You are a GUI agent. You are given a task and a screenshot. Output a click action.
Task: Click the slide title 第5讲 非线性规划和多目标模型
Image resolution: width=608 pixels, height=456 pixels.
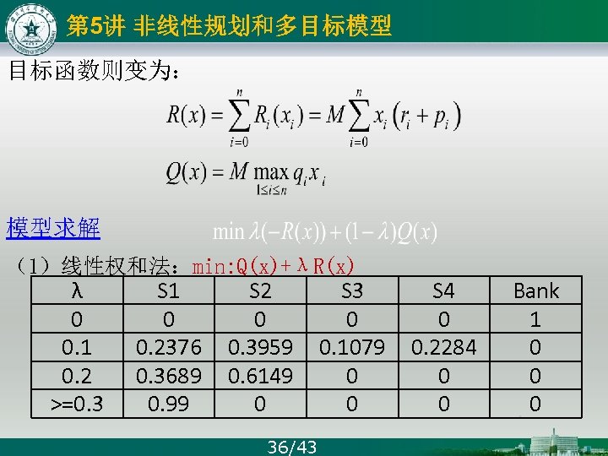(229, 27)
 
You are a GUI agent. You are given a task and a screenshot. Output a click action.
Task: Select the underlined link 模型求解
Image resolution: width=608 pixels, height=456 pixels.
(53, 228)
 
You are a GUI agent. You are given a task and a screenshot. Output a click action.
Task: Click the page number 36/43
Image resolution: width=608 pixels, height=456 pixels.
(291, 447)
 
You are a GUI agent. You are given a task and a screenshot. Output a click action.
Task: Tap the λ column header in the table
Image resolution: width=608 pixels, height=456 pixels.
(77, 292)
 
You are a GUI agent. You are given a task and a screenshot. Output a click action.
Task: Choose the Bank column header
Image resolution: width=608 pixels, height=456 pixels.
(536, 292)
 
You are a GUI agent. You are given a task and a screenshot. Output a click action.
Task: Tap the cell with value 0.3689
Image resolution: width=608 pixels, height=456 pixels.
(169, 376)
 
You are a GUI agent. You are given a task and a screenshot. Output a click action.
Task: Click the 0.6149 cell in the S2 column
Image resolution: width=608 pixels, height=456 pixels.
(260, 376)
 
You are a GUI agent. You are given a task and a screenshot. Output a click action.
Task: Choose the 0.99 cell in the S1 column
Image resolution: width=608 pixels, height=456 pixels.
(169, 404)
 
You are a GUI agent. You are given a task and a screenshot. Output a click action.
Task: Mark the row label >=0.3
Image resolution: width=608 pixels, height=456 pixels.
(77, 404)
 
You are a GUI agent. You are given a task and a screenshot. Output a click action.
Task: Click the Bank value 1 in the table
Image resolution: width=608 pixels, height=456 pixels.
(535, 320)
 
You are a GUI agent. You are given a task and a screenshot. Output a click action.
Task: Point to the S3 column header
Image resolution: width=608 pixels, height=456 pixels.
(352, 292)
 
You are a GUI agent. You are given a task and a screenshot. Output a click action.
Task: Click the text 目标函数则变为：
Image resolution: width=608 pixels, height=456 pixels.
(93, 70)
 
